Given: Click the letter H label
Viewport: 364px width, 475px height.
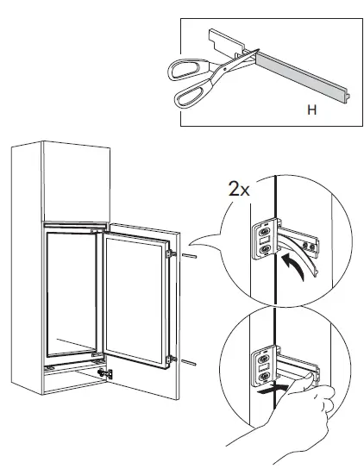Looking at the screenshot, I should click(x=311, y=110).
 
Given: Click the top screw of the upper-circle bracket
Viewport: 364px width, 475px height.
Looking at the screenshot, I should click(x=265, y=232).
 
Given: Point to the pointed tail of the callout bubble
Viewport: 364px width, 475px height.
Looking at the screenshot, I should click(x=198, y=244).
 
